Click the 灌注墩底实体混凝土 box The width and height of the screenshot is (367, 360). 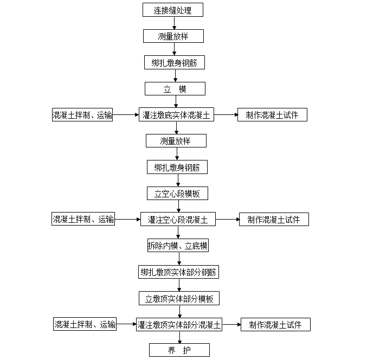click(x=176, y=115)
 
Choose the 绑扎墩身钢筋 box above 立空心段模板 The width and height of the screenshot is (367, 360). click(x=177, y=167)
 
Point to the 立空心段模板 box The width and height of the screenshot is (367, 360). click(x=177, y=193)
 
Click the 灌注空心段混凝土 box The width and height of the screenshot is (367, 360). click(x=178, y=220)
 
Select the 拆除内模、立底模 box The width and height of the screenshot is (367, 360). click(x=178, y=246)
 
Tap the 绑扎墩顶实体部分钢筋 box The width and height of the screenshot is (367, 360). click(x=179, y=272)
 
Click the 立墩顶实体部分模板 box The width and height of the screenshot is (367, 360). click(x=179, y=298)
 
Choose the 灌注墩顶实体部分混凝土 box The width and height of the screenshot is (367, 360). click(x=179, y=325)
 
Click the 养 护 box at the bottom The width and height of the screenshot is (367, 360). click(x=179, y=350)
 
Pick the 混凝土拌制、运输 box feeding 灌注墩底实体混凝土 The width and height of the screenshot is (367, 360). click(x=82, y=115)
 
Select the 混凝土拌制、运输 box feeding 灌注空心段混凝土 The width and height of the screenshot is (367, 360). click(x=83, y=220)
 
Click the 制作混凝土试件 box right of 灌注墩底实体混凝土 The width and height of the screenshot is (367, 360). click(x=272, y=115)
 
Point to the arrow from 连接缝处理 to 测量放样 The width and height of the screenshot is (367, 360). click(x=174, y=23)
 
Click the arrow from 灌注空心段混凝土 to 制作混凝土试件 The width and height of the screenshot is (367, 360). click(x=227, y=220)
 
